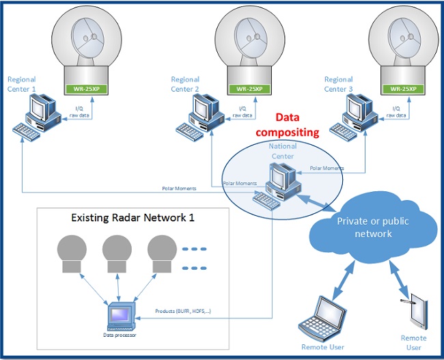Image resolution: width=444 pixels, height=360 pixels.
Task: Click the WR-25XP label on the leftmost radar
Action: click(x=88, y=89)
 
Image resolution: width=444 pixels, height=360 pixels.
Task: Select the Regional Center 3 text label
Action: click(x=338, y=84)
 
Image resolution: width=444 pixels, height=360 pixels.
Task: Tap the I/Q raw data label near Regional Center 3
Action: click(x=397, y=112)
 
